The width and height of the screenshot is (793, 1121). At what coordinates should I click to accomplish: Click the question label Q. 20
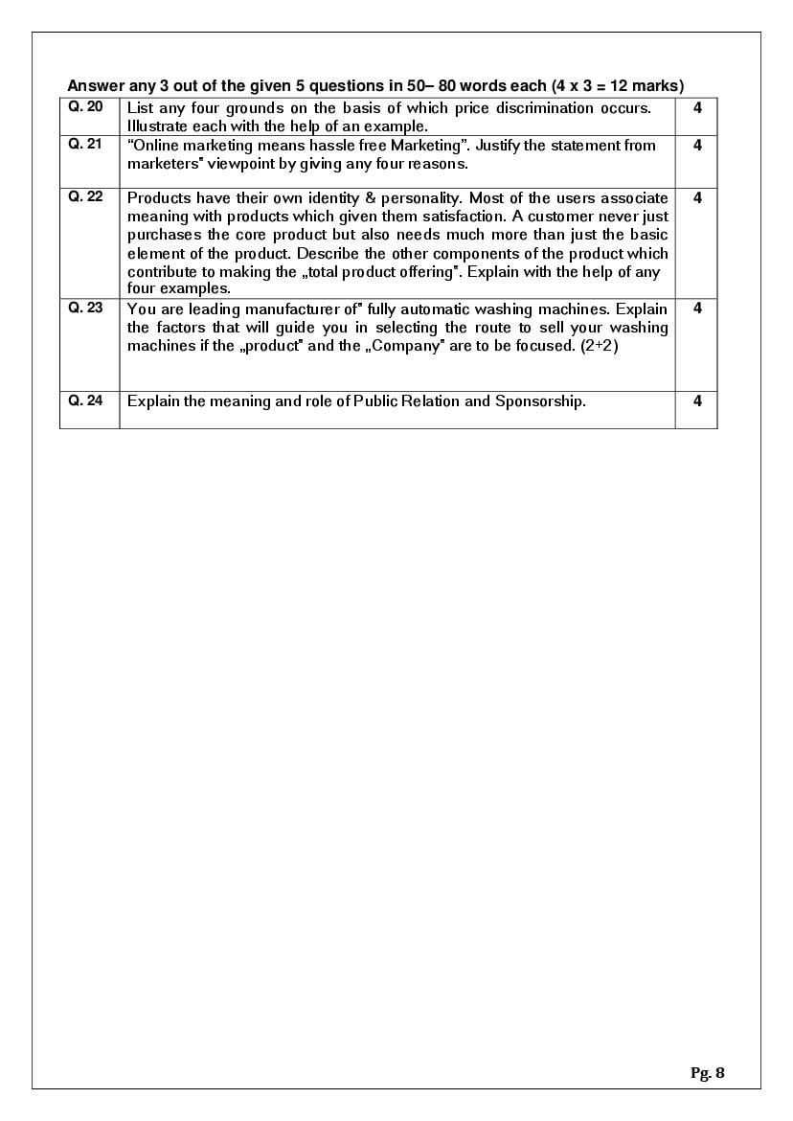[x=86, y=107]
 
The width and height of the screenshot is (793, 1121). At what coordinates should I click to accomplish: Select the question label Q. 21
[x=86, y=144]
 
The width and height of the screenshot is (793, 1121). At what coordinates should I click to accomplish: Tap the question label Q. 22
[x=86, y=196]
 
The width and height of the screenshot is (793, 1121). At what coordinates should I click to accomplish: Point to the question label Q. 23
[x=86, y=308]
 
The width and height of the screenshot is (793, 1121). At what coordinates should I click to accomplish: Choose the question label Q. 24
[x=86, y=400]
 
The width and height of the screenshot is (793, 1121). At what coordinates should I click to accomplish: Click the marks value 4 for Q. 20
[x=697, y=108]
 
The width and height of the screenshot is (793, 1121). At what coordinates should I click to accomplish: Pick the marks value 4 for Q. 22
[x=697, y=197]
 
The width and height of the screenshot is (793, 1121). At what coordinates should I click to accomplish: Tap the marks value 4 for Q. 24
[x=697, y=401]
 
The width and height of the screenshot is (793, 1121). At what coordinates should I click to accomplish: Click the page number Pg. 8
[x=708, y=1073]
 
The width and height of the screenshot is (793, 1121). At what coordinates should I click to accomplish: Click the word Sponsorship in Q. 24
[x=540, y=401]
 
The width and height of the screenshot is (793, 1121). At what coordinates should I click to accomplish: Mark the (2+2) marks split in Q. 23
[x=600, y=346]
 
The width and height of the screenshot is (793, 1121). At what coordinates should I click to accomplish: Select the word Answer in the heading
[x=95, y=85]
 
